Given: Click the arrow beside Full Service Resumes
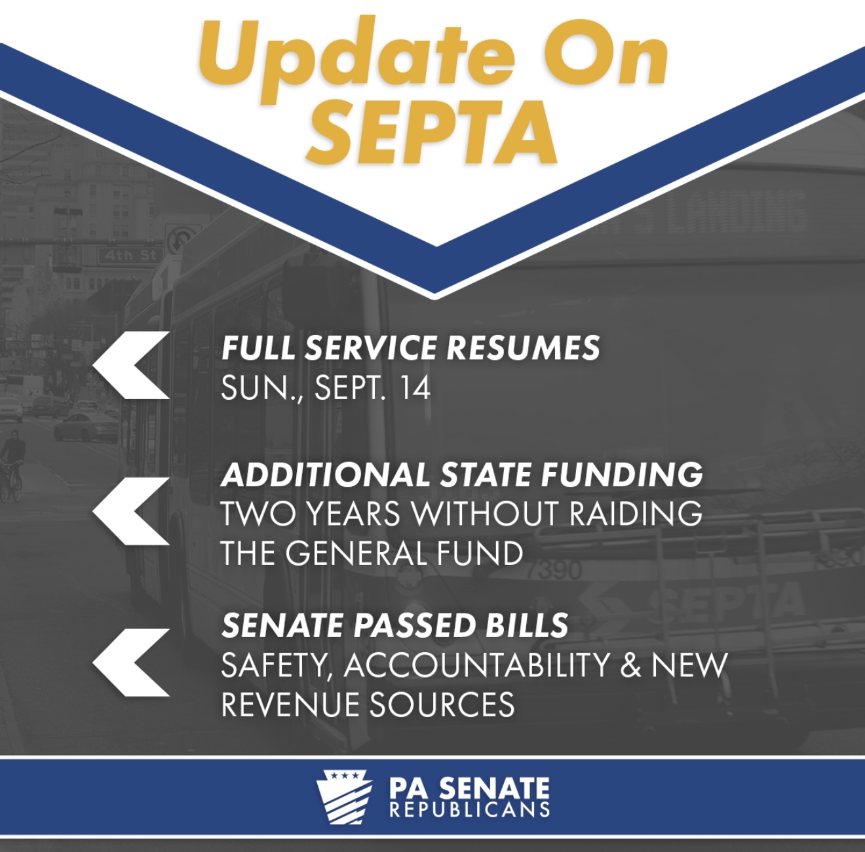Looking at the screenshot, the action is click(x=131, y=365).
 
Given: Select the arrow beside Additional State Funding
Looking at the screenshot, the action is click(x=131, y=511).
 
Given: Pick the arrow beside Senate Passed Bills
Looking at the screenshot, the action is click(x=131, y=663).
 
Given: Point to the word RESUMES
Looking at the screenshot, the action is click(x=523, y=347).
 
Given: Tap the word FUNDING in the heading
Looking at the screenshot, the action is click(x=622, y=474).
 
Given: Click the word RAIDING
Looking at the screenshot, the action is click(x=636, y=513).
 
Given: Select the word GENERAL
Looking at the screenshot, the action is click(x=356, y=553).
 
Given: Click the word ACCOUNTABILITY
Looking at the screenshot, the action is click(x=477, y=665).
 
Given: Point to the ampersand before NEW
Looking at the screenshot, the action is click(x=630, y=665).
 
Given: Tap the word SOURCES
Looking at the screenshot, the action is click(x=442, y=705).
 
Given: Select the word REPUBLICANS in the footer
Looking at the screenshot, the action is click(x=470, y=810).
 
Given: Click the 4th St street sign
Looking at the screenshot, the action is click(x=128, y=256).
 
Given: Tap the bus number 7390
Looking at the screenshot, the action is click(x=554, y=571).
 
